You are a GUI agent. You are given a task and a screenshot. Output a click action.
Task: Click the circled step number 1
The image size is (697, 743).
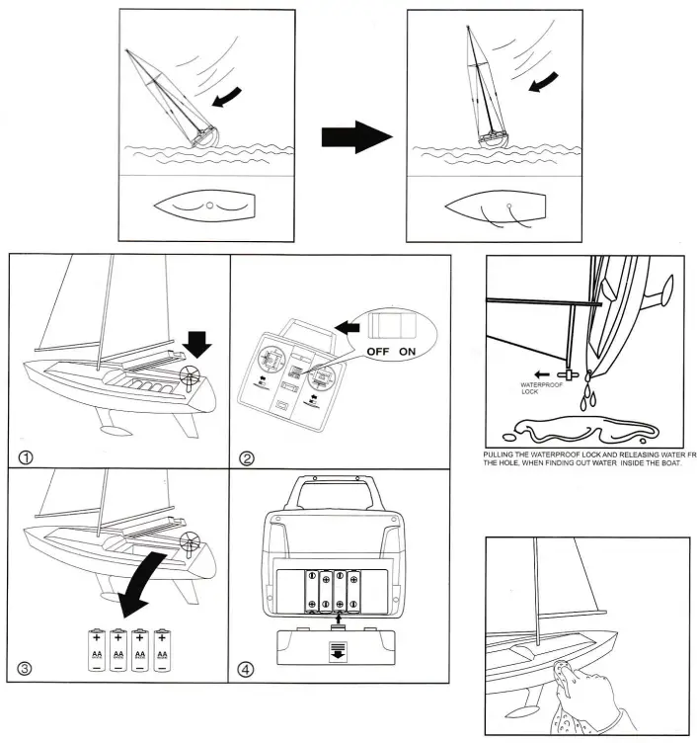[x=27, y=455]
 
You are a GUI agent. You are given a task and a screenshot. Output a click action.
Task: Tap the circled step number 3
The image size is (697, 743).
[x=27, y=669]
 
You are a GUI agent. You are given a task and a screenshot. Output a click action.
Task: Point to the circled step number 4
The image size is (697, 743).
[x=248, y=669]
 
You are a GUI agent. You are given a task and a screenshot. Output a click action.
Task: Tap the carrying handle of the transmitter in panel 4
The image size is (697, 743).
[x=339, y=488]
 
